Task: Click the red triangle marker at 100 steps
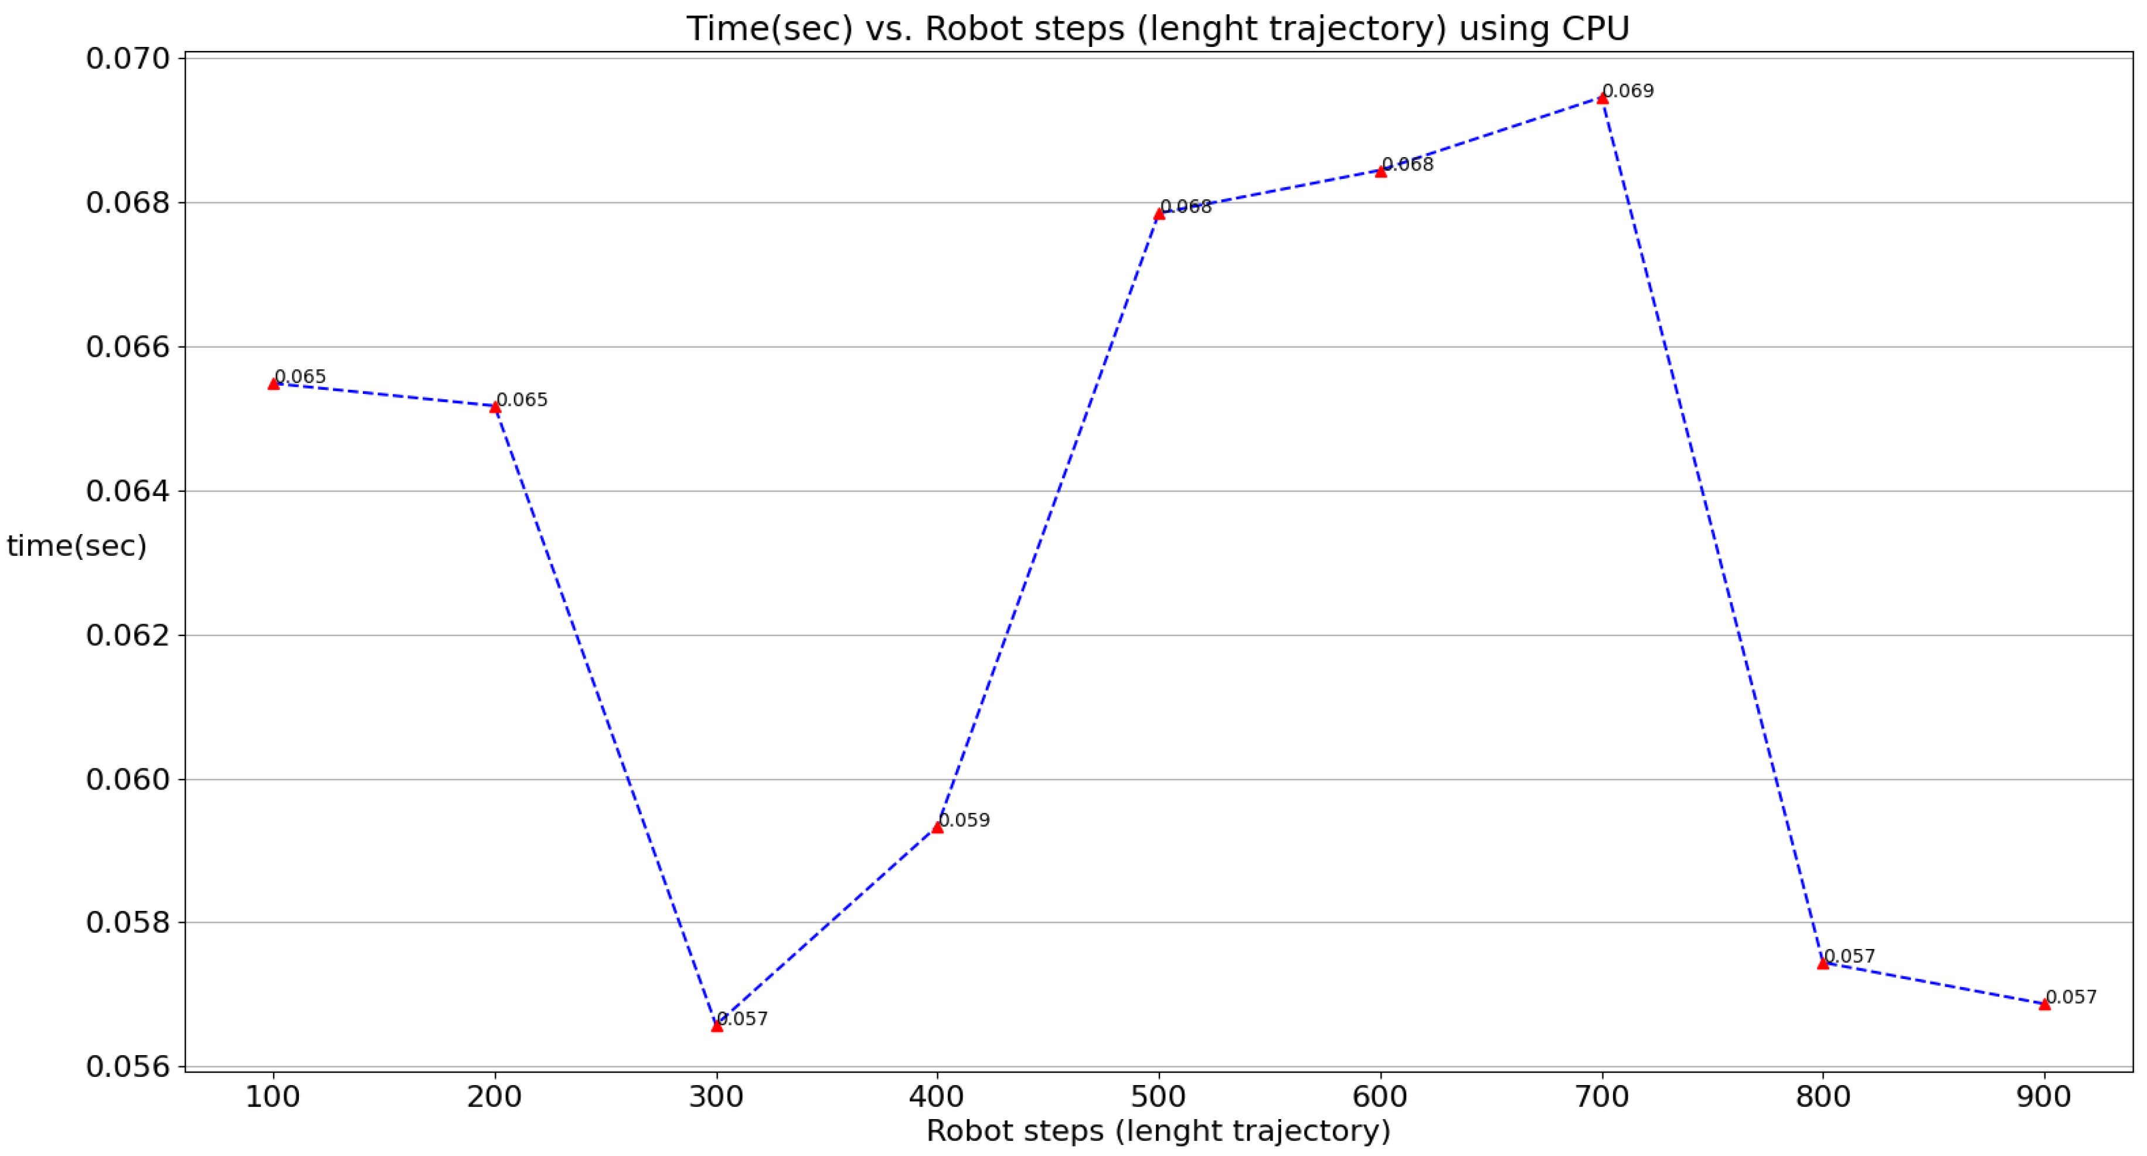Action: pos(273,383)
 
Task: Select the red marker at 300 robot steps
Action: pos(717,1026)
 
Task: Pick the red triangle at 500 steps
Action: pos(1159,214)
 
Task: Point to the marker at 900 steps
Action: pos(2044,1004)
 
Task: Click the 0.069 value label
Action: pos(1628,91)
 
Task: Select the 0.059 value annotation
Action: pos(964,820)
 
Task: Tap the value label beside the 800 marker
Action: pos(1849,956)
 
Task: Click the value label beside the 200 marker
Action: pos(522,400)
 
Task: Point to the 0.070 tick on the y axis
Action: pos(128,59)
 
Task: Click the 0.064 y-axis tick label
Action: pos(128,491)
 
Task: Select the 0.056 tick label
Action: pos(128,1067)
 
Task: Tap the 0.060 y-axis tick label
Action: pos(128,779)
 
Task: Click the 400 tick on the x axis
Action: pos(937,1097)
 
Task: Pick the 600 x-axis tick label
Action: pos(1380,1097)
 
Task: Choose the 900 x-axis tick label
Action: pos(2044,1097)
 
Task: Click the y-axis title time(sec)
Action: pos(77,546)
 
